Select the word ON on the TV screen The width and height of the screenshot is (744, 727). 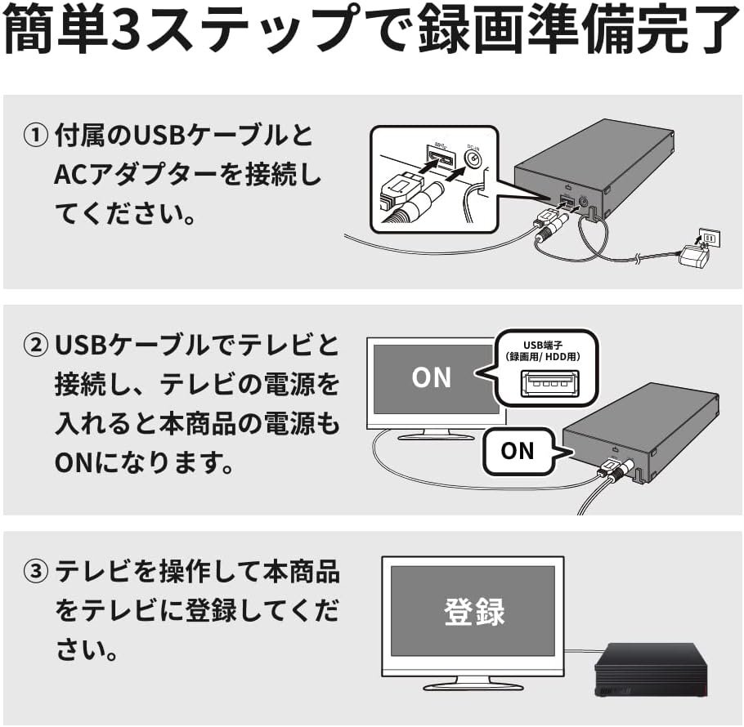[x=432, y=377]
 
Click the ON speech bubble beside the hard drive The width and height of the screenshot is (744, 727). [x=518, y=450]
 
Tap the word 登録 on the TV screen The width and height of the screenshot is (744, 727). [x=474, y=612]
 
